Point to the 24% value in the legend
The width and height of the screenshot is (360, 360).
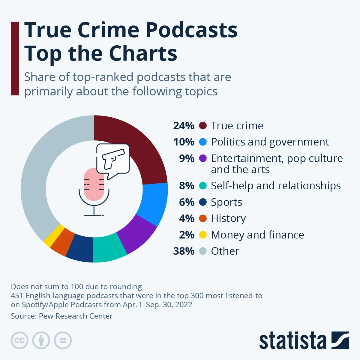(x=184, y=126)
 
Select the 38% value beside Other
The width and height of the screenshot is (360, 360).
(x=184, y=251)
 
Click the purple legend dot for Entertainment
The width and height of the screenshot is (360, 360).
(x=203, y=158)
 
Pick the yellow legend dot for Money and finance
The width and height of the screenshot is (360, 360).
(x=203, y=235)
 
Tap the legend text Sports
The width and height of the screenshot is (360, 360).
(x=226, y=202)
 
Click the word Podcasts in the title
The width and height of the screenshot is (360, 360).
(x=191, y=30)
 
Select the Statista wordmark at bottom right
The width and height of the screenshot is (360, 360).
(x=292, y=341)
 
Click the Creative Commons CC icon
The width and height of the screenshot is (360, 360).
(x=19, y=340)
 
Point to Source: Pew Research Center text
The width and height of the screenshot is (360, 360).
(x=62, y=316)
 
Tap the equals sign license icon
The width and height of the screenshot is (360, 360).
(x=63, y=340)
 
